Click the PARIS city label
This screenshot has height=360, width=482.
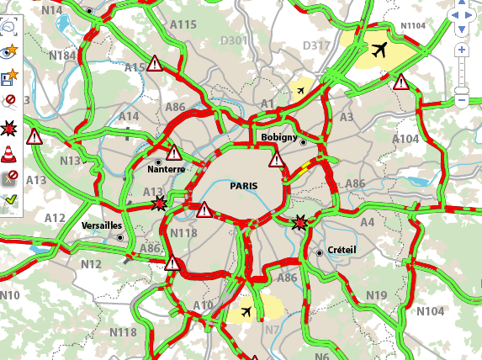[x=244, y=186]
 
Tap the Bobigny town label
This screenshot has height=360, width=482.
[x=275, y=137]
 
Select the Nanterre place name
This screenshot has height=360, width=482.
[x=166, y=169]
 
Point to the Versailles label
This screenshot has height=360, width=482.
[x=102, y=226]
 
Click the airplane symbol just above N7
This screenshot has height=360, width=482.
[x=246, y=312]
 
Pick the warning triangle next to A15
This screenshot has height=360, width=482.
[x=155, y=63]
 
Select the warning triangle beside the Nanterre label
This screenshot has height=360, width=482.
[x=174, y=153]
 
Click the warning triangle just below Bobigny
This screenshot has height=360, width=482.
[x=277, y=159]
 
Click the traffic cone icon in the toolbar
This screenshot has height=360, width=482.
[x=10, y=153]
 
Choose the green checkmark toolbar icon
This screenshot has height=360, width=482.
[x=10, y=200]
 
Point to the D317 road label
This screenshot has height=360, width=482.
[x=316, y=45]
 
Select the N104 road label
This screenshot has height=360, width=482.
[x=430, y=311]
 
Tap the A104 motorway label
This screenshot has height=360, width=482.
[x=405, y=139]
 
